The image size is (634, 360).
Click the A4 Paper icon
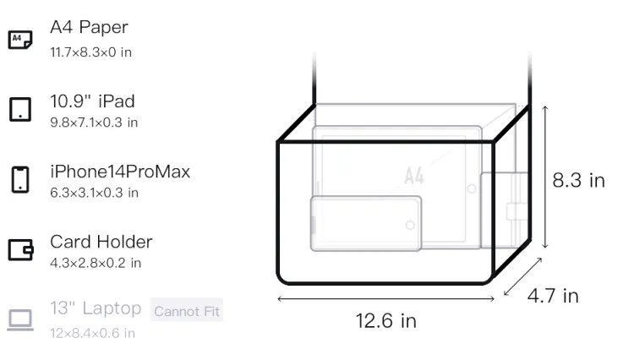20,40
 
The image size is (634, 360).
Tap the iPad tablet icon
20,110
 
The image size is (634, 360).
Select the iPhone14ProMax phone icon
20,179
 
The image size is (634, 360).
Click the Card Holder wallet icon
20,249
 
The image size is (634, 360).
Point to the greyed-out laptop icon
20,319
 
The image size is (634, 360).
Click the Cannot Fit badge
187,311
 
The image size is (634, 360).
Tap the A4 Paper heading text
89,28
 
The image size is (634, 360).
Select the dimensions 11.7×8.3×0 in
91,52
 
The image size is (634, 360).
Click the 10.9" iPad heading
92,101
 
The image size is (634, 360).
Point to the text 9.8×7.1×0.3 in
94,123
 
